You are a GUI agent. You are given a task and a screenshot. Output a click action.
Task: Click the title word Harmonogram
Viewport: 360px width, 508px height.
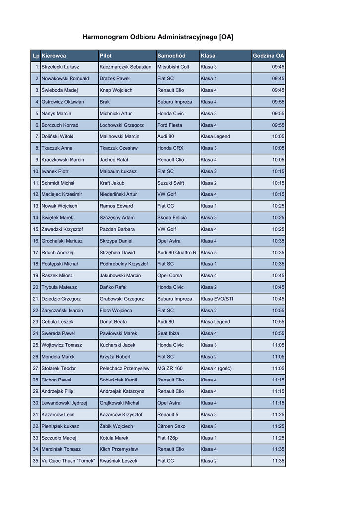click(x=105, y=37)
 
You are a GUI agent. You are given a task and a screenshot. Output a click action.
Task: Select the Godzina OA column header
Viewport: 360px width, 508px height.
click(x=268, y=56)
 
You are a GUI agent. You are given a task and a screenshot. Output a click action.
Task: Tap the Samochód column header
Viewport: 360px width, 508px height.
click(x=171, y=56)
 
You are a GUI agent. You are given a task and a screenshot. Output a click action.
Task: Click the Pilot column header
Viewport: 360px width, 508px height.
click(x=106, y=56)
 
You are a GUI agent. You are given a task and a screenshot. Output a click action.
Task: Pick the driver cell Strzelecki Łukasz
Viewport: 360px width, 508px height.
click(x=60, y=67)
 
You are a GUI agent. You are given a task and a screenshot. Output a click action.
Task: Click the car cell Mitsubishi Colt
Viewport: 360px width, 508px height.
click(x=173, y=67)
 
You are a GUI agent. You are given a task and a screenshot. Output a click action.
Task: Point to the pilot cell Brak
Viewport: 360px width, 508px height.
click(x=105, y=102)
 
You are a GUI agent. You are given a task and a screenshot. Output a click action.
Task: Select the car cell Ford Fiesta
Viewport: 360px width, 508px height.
click(x=170, y=125)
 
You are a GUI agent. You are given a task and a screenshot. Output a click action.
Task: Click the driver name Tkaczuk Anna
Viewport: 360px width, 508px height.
click(x=57, y=148)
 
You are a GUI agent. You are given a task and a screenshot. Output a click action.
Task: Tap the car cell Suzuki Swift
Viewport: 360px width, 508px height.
click(x=171, y=183)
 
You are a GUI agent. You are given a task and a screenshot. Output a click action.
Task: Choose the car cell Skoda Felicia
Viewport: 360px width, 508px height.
click(x=172, y=218)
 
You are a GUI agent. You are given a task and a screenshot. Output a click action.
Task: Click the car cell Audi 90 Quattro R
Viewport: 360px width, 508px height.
click(x=177, y=253)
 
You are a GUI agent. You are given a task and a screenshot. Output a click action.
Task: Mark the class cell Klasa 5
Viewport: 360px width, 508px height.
click(x=209, y=253)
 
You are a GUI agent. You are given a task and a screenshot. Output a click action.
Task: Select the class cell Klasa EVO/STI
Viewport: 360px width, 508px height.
click(x=216, y=299)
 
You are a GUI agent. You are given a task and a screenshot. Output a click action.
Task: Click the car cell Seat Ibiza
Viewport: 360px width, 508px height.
click(x=168, y=333)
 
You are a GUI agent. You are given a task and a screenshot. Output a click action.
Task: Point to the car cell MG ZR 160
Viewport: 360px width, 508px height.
click(x=170, y=368)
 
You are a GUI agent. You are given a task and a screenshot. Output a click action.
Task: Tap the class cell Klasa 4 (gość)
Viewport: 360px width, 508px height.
click(x=216, y=368)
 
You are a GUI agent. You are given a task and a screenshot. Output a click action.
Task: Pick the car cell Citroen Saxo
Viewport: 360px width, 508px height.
click(x=171, y=426)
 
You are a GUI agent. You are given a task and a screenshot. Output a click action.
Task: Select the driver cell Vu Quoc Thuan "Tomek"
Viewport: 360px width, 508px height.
click(x=68, y=461)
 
